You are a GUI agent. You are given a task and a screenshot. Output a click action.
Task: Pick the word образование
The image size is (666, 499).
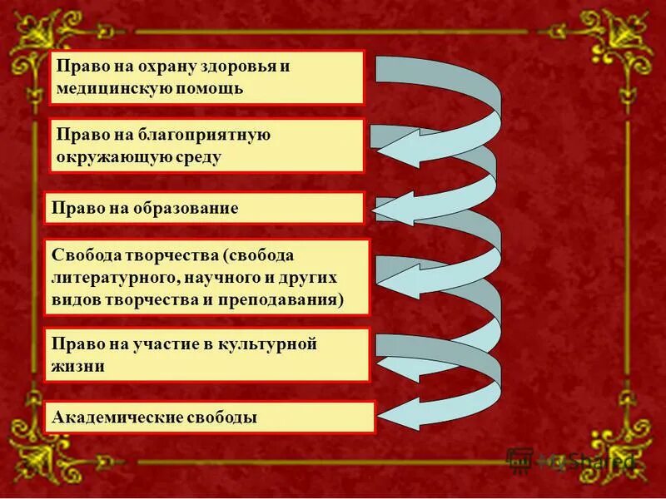(186, 208)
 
